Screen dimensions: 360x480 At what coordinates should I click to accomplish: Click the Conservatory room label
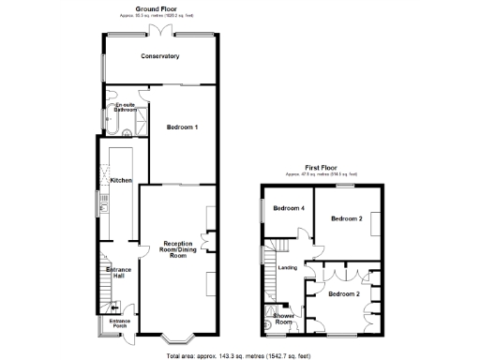coord(160,57)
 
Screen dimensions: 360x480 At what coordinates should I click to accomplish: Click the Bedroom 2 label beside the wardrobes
coord(345,293)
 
